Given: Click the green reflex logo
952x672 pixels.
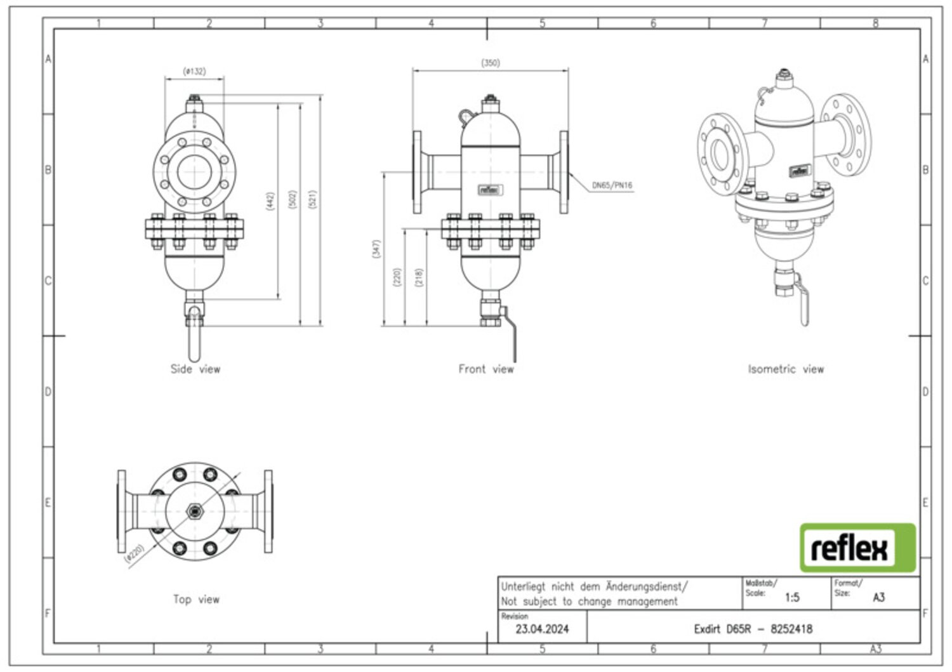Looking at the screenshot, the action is (x=857, y=548).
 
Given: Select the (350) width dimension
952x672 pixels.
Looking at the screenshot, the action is (x=491, y=63).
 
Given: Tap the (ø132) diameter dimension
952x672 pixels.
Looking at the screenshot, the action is (x=194, y=71).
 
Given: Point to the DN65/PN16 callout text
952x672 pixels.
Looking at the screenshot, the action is (x=612, y=185).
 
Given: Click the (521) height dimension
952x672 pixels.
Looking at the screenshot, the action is (x=312, y=199).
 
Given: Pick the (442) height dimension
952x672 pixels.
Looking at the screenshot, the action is (x=270, y=201).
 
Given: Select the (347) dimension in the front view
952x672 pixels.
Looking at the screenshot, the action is (x=376, y=249).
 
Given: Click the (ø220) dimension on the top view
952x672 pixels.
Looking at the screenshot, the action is (x=135, y=554).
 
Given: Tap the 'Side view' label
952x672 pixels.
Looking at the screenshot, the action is (x=195, y=369).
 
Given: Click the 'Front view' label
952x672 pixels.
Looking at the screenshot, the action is (x=486, y=369).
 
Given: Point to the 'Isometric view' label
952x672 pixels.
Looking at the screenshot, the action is (x=786, y=369).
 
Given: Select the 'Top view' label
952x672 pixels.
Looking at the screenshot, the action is (x=196, y=599).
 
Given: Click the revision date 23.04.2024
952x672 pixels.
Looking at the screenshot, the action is (x=542, y=629).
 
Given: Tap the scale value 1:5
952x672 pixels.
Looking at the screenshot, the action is (x=792, y=598).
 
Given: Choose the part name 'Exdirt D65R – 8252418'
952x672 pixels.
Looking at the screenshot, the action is (x=753, y=629).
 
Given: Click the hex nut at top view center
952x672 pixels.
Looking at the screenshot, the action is (x=195, y=511).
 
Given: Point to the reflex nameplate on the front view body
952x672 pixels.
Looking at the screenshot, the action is (x=491, y=190).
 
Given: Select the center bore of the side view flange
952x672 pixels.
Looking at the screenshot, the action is (x=195, y=172).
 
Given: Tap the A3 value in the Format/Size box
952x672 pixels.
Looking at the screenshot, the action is (x=879, y=598).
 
